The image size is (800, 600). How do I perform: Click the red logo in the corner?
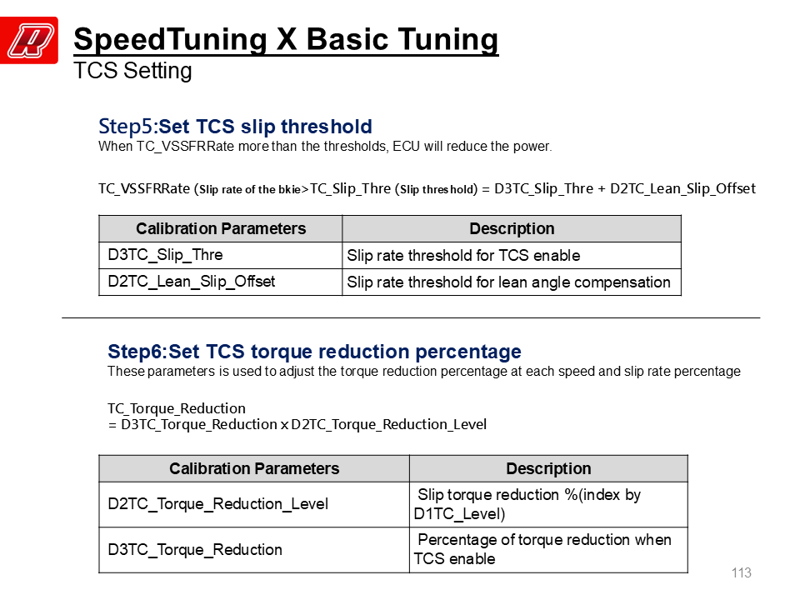tap(29, 40)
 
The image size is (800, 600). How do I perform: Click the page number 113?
tap(741, 573)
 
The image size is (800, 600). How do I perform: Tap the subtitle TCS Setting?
tap(132, 70)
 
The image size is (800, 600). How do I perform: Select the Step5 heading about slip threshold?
tap(235, 126)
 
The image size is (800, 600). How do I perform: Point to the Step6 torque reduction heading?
tap(314, 352)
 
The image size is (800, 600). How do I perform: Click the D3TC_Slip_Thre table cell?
tap(220, 255)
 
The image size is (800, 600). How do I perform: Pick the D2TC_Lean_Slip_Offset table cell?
tap(220, 282)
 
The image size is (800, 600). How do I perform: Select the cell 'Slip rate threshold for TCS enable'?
tap(512, 255)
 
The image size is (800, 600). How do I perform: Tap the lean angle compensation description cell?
tap(512, 282)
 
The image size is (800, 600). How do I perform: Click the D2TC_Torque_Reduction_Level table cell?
tap(254, 504)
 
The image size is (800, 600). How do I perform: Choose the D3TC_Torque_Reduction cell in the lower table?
tap(254, 549)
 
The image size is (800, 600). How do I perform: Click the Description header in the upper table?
tap(512, 228)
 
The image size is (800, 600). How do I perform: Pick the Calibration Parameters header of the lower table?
tap(254, 468)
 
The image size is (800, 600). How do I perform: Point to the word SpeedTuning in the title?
tap(170, 40)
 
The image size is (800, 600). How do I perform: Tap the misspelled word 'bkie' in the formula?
tap(290, 190)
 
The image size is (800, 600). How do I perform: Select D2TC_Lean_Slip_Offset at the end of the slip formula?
tap(682, 189)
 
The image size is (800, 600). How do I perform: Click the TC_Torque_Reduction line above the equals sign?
tap(177, 408)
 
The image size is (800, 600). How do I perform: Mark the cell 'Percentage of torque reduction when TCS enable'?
tap(548, 549)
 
